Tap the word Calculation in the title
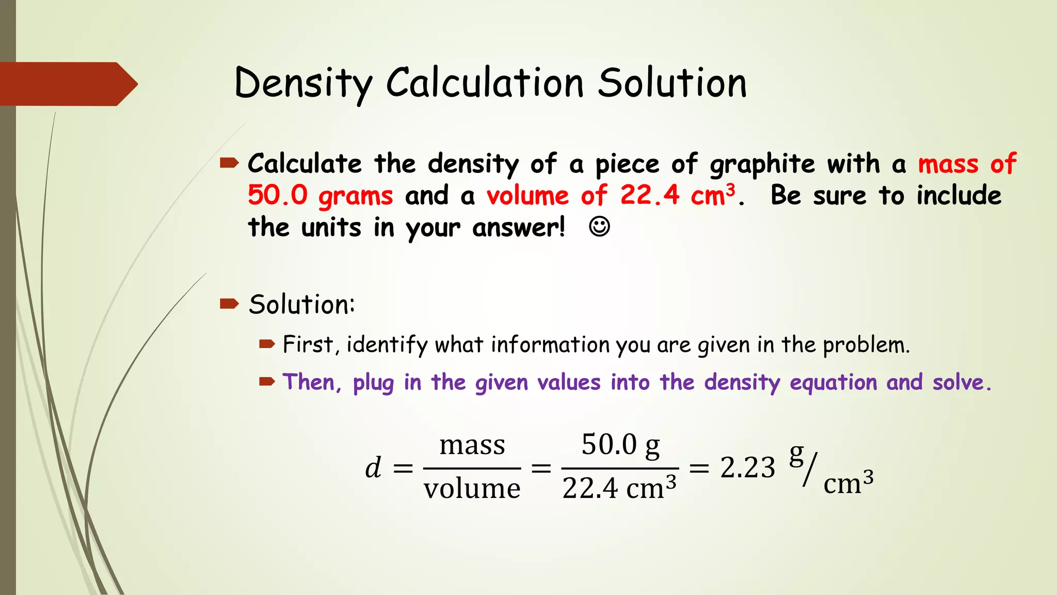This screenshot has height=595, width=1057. coord(485,83)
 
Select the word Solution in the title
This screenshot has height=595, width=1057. coord(672,83)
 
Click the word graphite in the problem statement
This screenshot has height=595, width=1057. coord(762,165)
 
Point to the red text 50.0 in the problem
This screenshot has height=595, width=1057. coord(278,196)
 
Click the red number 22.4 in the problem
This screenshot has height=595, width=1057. coord(650,196)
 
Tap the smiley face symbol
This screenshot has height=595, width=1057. coord(599,227)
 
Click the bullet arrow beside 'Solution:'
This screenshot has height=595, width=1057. coord(229,303)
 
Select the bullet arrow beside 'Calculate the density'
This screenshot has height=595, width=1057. coord(229,164)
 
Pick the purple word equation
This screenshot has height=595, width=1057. coord(834,383)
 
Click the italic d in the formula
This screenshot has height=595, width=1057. coord(373,468)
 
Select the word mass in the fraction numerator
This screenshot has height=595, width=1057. coord(472,445)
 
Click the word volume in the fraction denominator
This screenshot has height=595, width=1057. coord(472,489)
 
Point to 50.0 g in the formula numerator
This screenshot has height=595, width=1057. coord(620,445)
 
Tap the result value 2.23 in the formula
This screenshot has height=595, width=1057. coord(747,468)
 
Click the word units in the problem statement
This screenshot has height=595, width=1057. coord(331,228)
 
